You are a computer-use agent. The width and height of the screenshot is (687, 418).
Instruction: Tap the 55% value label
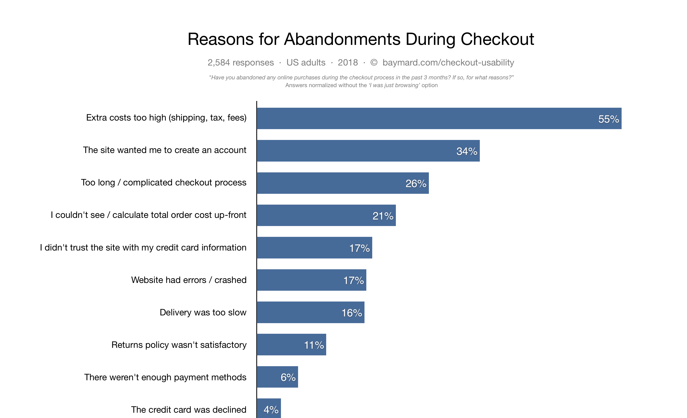pos(608,119)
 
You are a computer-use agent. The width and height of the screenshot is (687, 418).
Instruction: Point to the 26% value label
pos(416,183)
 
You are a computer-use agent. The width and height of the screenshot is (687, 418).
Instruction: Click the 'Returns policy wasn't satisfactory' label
pos(179,345)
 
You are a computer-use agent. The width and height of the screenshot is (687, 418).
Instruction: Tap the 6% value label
pos(288,377)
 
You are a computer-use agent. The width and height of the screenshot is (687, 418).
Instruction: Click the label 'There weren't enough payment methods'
pos(165,377)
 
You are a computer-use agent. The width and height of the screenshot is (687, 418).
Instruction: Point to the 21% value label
pos(383,216)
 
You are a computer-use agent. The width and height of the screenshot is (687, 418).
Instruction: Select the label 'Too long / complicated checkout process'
pos(164,182)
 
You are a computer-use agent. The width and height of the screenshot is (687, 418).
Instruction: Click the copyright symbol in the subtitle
pos(374,63)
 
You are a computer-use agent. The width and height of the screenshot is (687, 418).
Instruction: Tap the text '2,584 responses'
pos(241,63)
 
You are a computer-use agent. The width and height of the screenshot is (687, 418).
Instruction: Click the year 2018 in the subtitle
pos(348,63)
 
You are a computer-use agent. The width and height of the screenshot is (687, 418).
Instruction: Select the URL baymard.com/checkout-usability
pos(448,63)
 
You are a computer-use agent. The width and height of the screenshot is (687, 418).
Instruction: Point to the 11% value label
pos(314,345)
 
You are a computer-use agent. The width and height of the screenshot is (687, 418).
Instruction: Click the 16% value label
pos(352,313)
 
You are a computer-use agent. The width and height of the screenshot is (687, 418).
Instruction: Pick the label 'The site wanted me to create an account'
pos(164,150)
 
